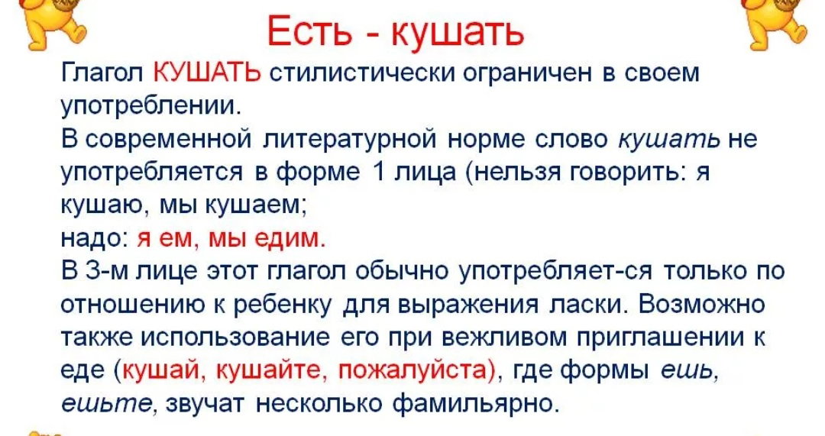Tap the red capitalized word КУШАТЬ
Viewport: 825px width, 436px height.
pyautogui.click(x=207, y=73)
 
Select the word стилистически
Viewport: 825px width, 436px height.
pyautogui.click(x=362, y=73)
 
